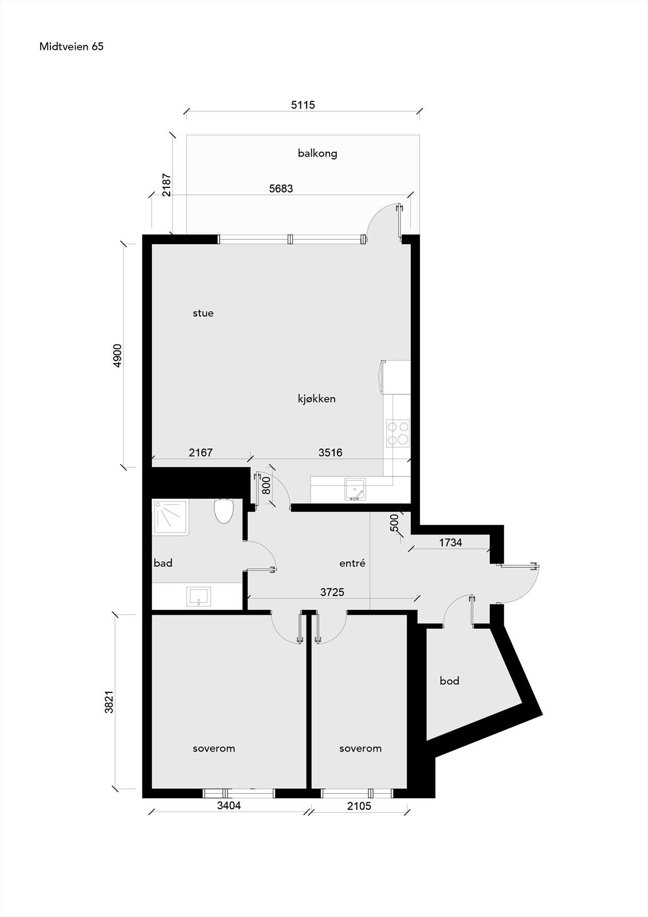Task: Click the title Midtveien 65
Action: point(71,47)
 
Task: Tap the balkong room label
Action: point(317,153)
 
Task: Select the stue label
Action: point(203,313)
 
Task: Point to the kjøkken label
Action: point(316,399)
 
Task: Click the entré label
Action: point(352,563)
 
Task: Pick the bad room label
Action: point(163,563)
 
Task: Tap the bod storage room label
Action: point(449,681)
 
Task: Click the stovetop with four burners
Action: point(398,433)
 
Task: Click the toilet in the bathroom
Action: point(223,510)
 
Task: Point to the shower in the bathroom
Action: point(170,517)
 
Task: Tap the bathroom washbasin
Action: point(199,597)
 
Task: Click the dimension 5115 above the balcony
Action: point(303,105)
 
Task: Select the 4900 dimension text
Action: point(117,355)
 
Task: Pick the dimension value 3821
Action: point(109,701)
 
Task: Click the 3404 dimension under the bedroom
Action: point(229,806)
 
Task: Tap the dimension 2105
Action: point(359,806)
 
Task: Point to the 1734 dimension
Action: point(450,542)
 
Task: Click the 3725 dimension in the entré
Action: point(332,592)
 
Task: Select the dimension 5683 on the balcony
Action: point(281,188)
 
